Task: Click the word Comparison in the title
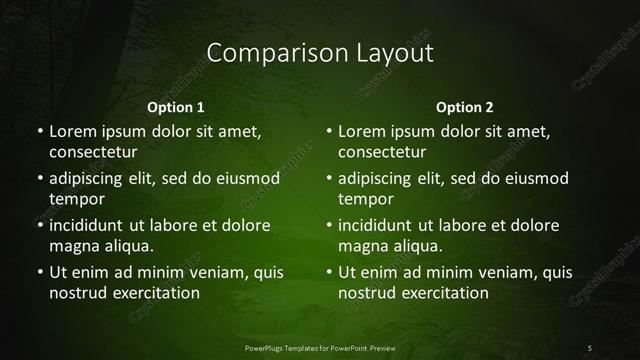pyautogui.click(x=262, y=53)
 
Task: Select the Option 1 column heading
pyautogui.click(x=176, y=107)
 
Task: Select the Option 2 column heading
pyautogui.click(x=465, y=107)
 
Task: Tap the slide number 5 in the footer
pyautogui.click(x=590, y=347)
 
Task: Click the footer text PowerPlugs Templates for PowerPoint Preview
pyautogui.click(x=320, y=347)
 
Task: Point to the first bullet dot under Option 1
pyautogui.click(x=39, y=132)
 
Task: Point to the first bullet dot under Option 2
pyautogui.click(x=329, y=132)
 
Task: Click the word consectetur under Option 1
pyautogui.click(x=93, y=153)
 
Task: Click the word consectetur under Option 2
pyautogui.click(x=383, y=153)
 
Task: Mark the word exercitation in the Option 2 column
pyautogui.click(x=444, y=293)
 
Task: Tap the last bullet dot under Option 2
pyautogui.click(x=329, y=272)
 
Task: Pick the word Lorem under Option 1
pyautogui.click(x=71, y=132)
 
